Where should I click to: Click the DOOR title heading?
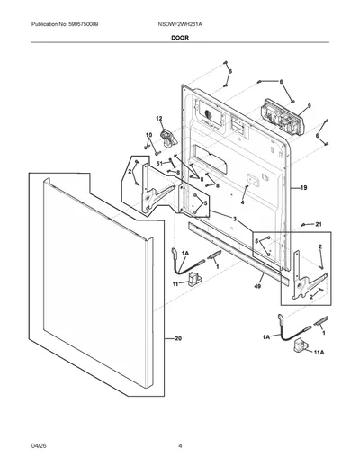(x=180, y=38)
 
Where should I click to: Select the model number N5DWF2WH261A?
(x=180, y=24)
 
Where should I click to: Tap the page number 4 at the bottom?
(x=180, y=446)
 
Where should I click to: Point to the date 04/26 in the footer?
(x=39, y=446)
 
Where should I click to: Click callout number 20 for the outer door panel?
(x=178, y=339)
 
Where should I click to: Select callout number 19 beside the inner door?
(x=303, y=188)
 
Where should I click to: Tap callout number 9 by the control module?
(x=309, y=105)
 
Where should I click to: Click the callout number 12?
(x=159, y=119)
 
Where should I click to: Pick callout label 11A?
(x=319, y=353)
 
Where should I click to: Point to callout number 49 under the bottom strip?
(x=257, y=286)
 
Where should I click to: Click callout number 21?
(x=319, y=224)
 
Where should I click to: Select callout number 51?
(x=159, y=163)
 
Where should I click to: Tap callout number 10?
(x=149, y=135)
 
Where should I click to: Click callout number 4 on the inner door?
(x=242, y=202)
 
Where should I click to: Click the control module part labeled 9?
(x=283, y=116)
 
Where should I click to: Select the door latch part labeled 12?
(x=169, y=138)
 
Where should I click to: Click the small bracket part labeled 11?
(x=194, y=279)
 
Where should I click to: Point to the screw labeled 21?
(x=303, y=225)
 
